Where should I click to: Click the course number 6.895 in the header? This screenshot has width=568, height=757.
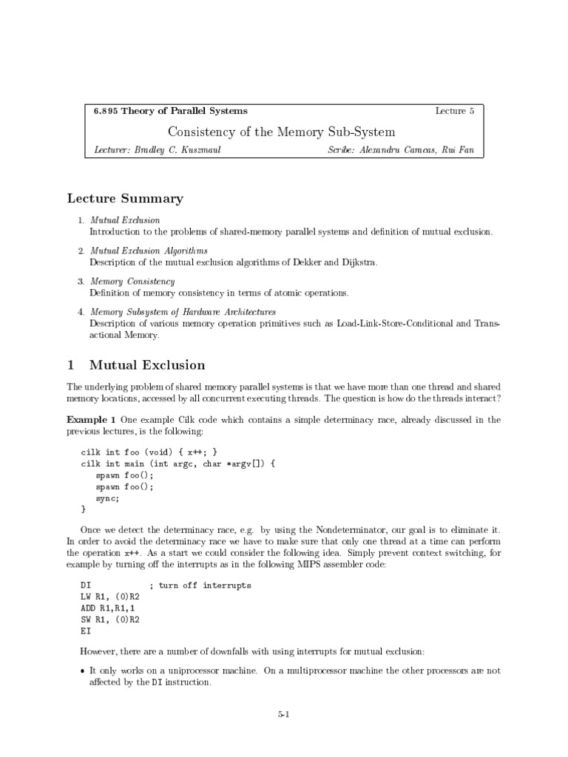[105, 111]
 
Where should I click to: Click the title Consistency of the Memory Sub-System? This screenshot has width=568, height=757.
[281, 132]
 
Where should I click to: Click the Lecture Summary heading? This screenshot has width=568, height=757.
[125, 198]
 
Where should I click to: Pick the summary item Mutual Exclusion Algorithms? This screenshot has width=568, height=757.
[149, 251]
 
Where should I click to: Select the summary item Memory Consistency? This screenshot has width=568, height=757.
[132, 282]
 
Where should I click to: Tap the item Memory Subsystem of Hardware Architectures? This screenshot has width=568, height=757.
[183, 312]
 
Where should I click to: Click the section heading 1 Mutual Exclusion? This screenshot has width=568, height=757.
[136, 365]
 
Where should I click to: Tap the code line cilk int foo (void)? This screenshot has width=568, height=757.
[149, 452]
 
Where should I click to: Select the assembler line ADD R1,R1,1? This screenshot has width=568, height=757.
[109, 608]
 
